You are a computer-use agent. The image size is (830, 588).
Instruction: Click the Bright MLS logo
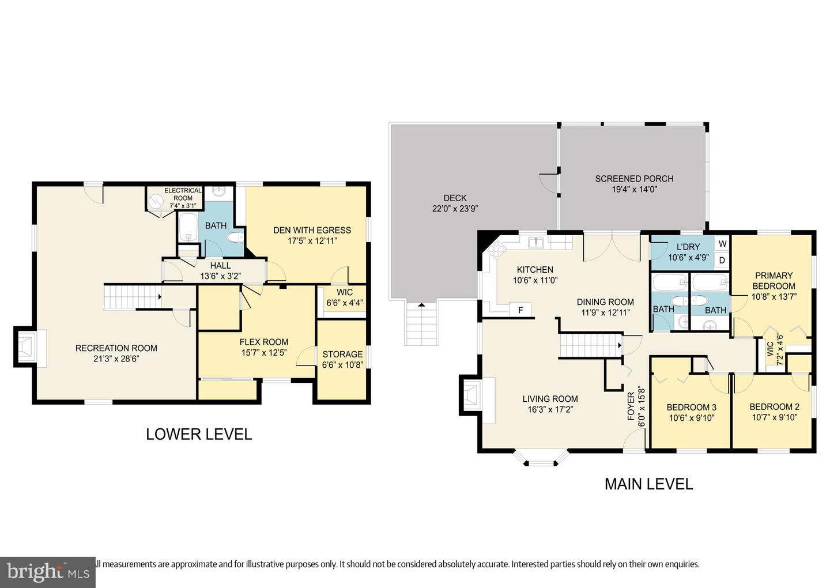(47, 572)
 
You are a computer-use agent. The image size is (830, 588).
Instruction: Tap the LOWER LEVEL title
(199, 434)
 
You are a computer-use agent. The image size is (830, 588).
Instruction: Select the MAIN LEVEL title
(648, 484)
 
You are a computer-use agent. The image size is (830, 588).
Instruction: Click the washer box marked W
(722, 244)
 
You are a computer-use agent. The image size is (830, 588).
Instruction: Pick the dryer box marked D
(722, 261)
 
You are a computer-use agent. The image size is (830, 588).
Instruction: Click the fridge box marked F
(520, 310)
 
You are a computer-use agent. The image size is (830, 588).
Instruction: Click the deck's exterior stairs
(422, 325)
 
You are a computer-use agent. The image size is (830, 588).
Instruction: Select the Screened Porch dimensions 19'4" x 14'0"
(634, 189)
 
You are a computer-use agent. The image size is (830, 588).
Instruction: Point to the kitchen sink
(537, 242)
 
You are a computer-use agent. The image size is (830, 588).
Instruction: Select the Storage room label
(342, 354)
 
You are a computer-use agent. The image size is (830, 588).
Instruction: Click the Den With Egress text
(312, 230)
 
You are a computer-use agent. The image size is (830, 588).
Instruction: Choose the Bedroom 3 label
(691, 407)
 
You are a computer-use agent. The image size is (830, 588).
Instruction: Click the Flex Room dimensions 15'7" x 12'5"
(263, 353)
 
